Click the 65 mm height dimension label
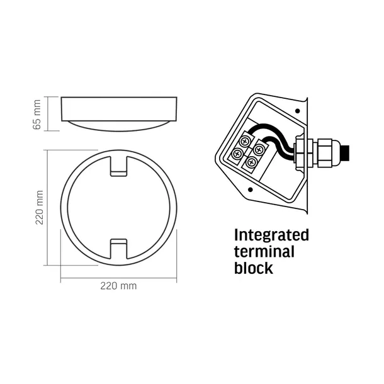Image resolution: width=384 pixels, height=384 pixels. click(x=37, y=115)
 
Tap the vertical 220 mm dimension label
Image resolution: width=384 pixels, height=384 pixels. click(x=39, y=208)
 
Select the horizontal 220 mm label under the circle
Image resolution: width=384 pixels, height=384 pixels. click(x=118, y=286)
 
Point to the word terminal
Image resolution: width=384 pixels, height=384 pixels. click(x=264, y=252)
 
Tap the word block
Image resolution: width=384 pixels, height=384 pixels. click(x=254, y=268)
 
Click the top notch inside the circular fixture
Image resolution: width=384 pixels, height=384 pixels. click(x=119, y=166)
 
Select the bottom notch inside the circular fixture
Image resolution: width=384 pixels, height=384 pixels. click(x=119, y=249)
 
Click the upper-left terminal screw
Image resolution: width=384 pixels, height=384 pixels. click(x=245, y=141)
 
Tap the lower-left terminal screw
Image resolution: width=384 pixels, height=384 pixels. click(x=237, y=154)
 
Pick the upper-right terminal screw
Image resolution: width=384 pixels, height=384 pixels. click(x=258, y=149)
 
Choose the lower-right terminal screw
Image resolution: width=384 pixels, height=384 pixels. click(x=251, y=162)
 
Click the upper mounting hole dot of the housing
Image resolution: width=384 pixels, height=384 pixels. click(x=298, y=111)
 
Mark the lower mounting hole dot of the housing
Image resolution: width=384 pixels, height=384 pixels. click(x=251, y=189)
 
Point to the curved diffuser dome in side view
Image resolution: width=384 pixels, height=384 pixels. click(x=119, y=126)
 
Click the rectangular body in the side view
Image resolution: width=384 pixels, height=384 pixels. click(x=119, y=109)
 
